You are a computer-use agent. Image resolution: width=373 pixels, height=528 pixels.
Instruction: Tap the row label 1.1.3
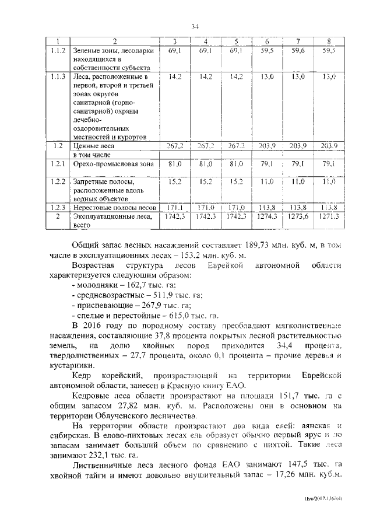pyautogui.click(x=58, y=76)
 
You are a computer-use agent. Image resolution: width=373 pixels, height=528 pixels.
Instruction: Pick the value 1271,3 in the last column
pyautogui.click(x=329, y=216)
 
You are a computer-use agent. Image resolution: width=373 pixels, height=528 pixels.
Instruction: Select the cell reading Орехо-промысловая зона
pyautogui.click(x=113, y=165)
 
